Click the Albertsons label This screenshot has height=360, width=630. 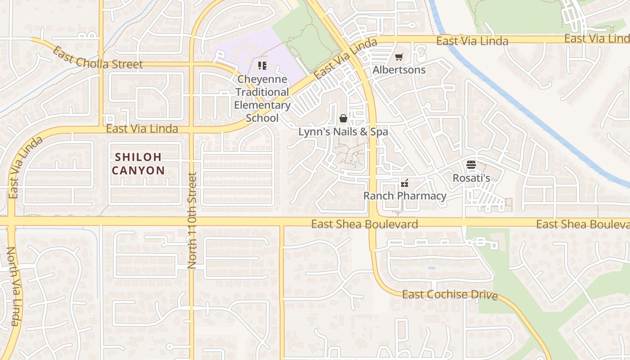coord(399,70)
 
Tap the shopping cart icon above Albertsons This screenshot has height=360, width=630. coord(399,57)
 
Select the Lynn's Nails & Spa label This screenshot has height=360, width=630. coord(343,132)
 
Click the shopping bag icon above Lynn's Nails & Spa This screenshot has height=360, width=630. coord(343,118)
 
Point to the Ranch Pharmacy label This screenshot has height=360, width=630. coord(405,196)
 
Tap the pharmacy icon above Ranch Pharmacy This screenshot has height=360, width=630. coord(404,183)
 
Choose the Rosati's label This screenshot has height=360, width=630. coord(471,178)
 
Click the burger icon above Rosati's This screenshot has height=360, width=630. coord(471,165)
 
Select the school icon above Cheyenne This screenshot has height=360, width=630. coord(262,66)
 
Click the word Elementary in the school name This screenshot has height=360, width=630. coord(262,105)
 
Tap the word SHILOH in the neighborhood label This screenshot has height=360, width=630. coord(138,157)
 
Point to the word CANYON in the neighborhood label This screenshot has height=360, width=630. coord(138,171)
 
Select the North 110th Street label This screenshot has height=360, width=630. coord(193,220)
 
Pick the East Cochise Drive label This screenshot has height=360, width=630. coord(450,295)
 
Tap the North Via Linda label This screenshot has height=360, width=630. coord(13,286)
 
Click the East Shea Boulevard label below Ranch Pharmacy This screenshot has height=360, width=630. coord(364,224)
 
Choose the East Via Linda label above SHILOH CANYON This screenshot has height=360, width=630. coord(142,129)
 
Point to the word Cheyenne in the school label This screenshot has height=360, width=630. coord(262,79)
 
